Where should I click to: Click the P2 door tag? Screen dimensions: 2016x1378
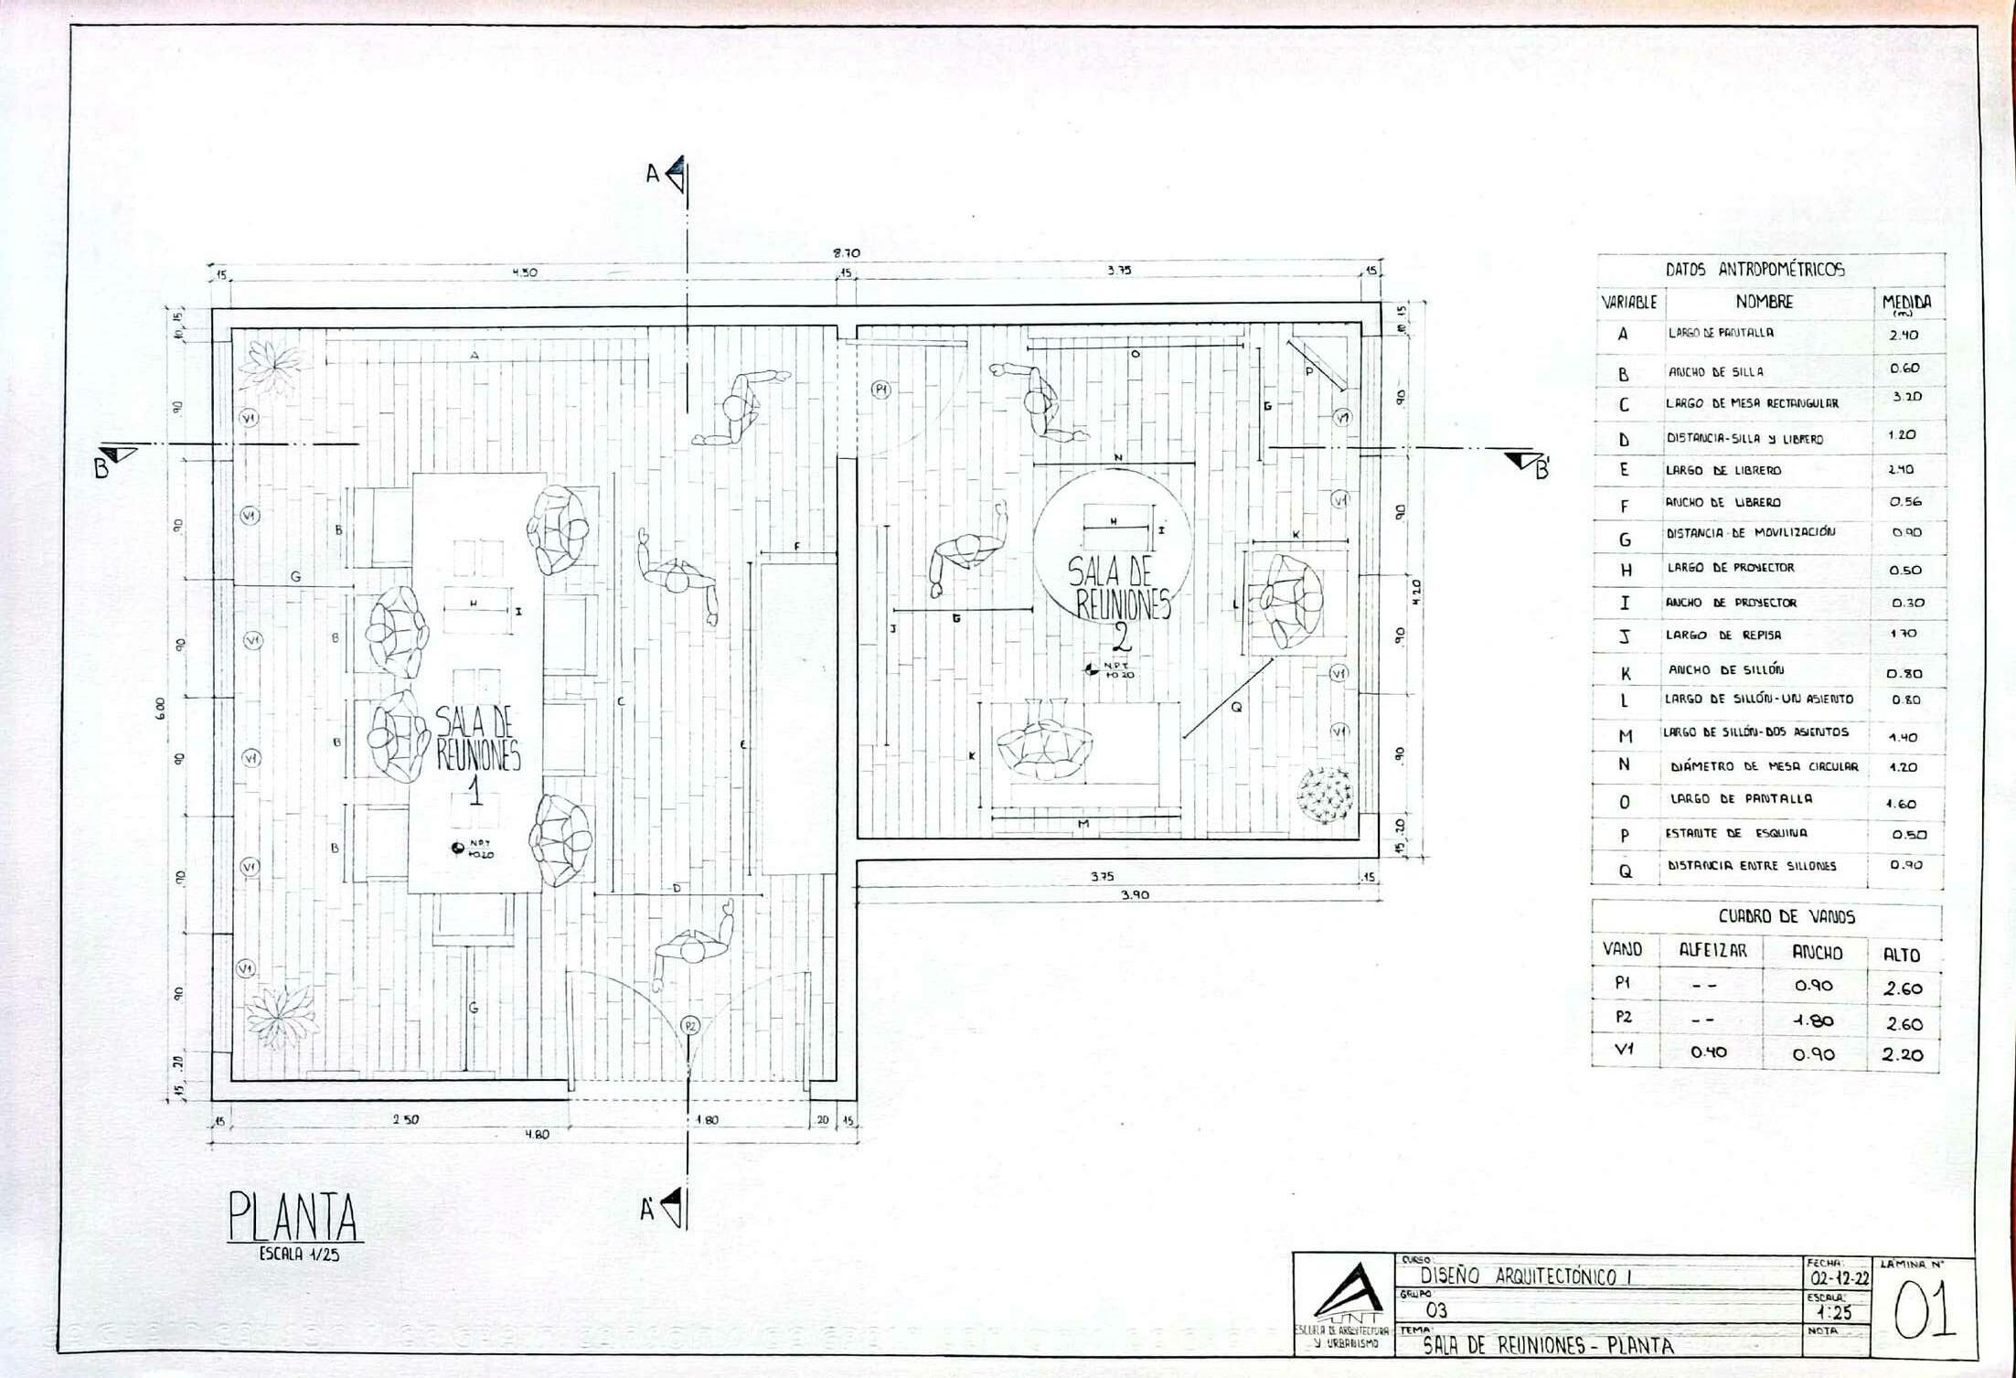coord(691,1025)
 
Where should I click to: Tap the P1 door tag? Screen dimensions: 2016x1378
coord(880,390)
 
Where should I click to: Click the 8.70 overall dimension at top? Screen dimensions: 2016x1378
coord(846,253)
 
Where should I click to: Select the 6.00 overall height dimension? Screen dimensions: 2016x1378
coord(161,706)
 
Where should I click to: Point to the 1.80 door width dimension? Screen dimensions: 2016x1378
coord(707,1119)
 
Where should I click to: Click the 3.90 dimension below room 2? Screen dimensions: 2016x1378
coord(1135,895)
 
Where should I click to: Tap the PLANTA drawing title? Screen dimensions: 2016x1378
coord(293,1217)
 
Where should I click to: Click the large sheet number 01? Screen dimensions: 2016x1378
coord(1924,1311)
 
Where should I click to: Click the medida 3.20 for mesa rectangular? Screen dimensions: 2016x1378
coord(1905,397)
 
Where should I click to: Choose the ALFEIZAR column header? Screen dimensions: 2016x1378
coord(1712,951)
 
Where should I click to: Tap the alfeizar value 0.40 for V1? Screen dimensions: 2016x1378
coord(1708,1052)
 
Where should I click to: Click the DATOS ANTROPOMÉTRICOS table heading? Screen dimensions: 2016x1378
coord(1755,270)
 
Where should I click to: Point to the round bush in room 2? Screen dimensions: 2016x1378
coord(1324,794)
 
